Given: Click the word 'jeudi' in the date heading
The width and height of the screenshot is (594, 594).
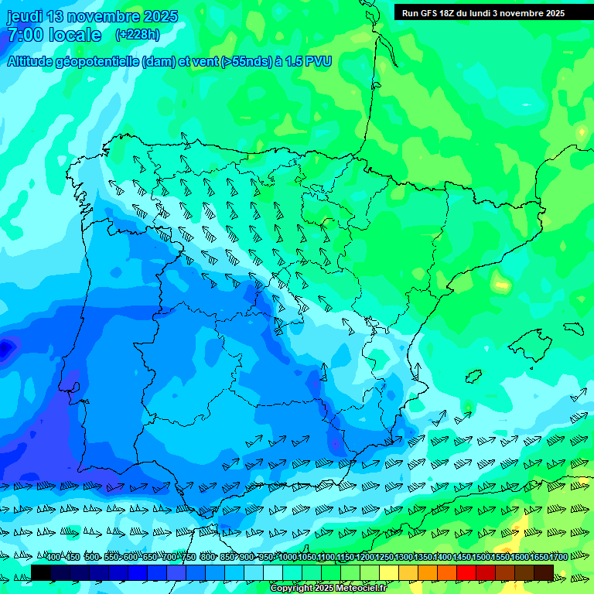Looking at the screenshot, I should [25, 16].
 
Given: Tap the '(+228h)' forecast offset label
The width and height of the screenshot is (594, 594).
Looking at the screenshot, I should [137, 34].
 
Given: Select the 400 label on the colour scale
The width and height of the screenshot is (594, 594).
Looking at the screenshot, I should [53, 558].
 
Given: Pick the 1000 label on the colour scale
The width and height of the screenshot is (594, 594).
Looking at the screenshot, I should [288, 558].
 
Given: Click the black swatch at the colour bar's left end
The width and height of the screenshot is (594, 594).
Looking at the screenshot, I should [41, 572].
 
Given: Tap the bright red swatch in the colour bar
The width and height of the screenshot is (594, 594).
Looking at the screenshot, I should [466, 572].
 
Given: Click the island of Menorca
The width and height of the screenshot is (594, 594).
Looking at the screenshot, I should [572, 327].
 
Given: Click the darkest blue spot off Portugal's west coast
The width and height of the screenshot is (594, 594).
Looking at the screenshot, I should [6, 348].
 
